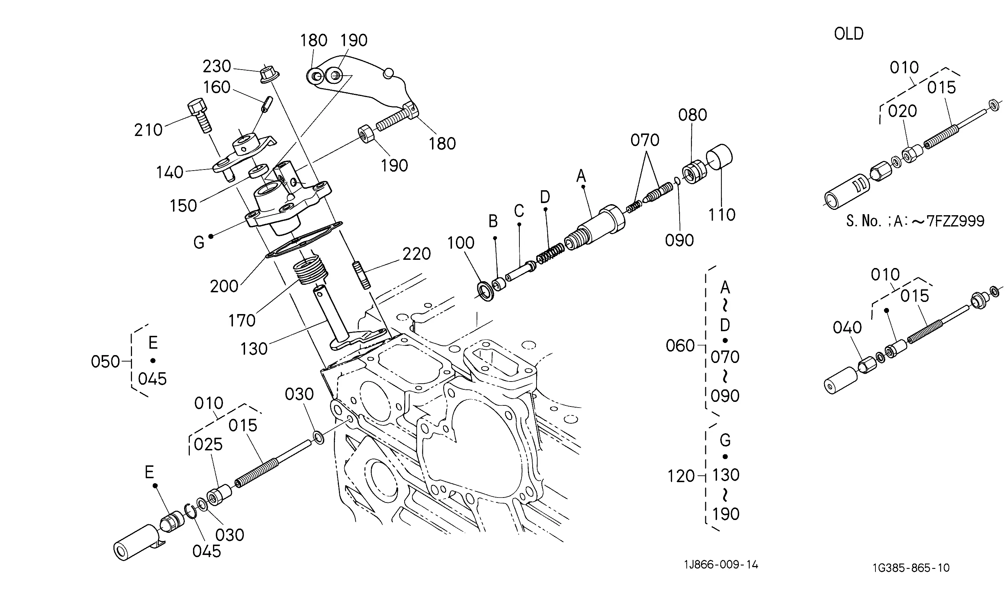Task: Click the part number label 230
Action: (217, 66)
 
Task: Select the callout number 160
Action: (217, 87)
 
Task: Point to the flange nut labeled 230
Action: (269, 75)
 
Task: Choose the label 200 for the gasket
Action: (224, 286)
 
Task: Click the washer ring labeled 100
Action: (487, 292)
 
